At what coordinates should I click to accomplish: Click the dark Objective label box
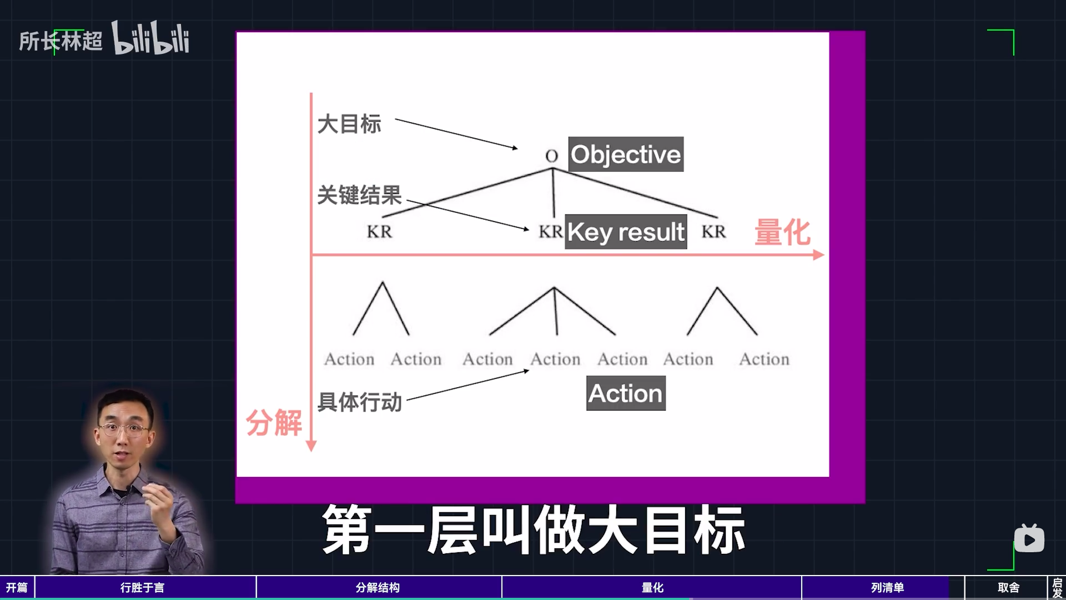pyautogui.click(x=626, y=154)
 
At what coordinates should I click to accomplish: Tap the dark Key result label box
pyautogui.click(x=626, y=231)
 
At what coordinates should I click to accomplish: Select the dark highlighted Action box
pyautogui.click(x=626, y=393)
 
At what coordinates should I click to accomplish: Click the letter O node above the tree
pyautogui.click(x=551, y=156)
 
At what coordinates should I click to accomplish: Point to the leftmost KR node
pyautogui.click(x=379, y=231)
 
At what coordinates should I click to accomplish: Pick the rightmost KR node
pyautogui.click(x=713, y=231)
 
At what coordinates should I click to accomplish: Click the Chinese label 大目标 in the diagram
pyautogui.click(x=349, y=124)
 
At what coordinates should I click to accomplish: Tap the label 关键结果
pyautogui.click(x=359, y=195)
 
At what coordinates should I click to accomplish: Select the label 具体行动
pyautogui.click(x=359, y=402)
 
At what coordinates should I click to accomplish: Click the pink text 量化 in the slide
pyautogui.click(x=782, y=232)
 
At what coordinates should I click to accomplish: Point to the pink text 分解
pyautogui.click(x=274, y=423)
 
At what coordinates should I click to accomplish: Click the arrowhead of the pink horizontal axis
pyautogui.click(x=819, y=255)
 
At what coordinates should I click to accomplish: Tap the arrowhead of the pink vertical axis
pyautogui.click(x=311, y=446)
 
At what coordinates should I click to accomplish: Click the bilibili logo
pyautogui.click(x=150, y=38)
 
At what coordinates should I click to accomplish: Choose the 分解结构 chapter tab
pyautogui.click(x=379, y=588)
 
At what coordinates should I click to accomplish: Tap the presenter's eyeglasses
pyautogui.click(x=124, y=429)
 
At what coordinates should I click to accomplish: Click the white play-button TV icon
pyautogui.click(x=1029, y=538)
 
